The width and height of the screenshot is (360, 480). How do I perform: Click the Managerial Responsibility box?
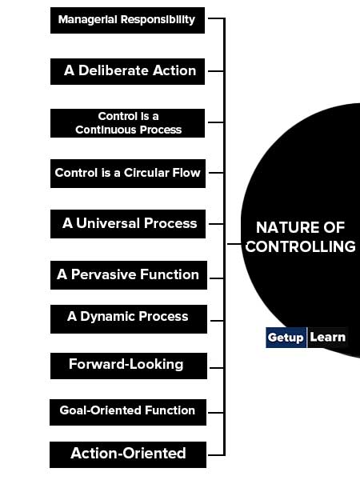[127, 20]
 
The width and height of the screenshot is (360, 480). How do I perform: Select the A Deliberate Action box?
[127, 71]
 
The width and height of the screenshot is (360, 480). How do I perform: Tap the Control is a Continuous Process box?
[127, 123]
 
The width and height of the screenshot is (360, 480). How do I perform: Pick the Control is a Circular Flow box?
[128, 174]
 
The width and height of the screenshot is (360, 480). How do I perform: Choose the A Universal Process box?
[128, 224]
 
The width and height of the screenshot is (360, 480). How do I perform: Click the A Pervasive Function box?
[129, 275]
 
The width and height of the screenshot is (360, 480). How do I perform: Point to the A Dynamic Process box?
[129, 319]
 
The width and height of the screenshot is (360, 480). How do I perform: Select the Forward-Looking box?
[129, 366]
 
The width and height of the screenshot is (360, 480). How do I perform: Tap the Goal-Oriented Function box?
[128, 412]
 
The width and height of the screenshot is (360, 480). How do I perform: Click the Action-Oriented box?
[128, 454]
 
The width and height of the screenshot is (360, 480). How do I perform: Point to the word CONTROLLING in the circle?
[300, 246]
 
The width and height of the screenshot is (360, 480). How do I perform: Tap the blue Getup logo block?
[286, 338]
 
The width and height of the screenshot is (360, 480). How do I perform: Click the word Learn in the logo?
[327, 337]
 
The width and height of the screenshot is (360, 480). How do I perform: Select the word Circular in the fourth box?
[146, 173]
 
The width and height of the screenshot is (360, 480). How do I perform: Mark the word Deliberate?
[114, 70]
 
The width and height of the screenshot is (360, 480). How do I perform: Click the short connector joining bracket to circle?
[234, 244]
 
